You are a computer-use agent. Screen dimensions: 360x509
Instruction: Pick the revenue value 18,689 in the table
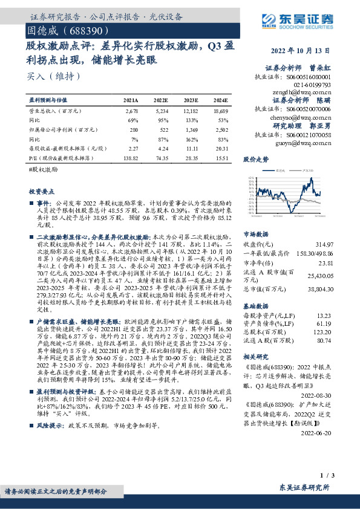pos(221,112)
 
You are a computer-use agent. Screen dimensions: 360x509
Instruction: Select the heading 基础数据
pos(255,306)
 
